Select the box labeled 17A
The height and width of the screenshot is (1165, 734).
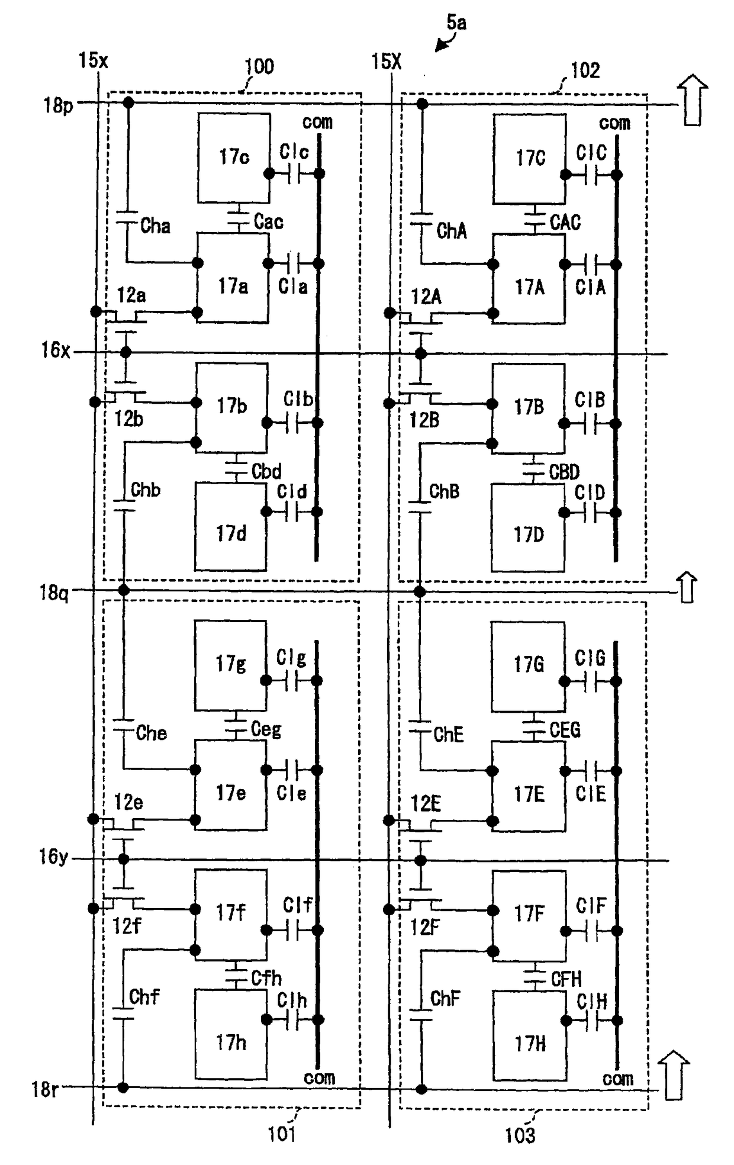[x=529, y=279]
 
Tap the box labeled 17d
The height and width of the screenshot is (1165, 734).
[x=230, y=527]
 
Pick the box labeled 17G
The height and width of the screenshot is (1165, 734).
[x=528, y=667]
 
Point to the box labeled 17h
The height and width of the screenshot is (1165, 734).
[x=230, y=1034]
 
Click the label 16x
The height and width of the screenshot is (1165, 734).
[x=55, y=350]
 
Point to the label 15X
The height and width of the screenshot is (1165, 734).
[x=386, y=61]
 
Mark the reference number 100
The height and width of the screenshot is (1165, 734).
[x=259, y=66]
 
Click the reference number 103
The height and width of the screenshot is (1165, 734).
[x=520, y=1135]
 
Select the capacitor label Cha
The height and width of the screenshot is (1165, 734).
[x=155, y=226]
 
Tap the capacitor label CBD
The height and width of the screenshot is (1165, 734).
[x=564, y=472]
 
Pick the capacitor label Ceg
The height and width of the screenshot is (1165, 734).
[x=266, y=729]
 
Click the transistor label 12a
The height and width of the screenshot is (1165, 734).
[x=131, y=295]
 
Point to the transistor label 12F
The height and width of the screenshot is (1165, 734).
[x=424, y=927]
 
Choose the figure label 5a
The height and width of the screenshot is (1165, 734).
[x=456, y=22]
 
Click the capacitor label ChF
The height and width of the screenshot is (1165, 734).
[x=445, y=999]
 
